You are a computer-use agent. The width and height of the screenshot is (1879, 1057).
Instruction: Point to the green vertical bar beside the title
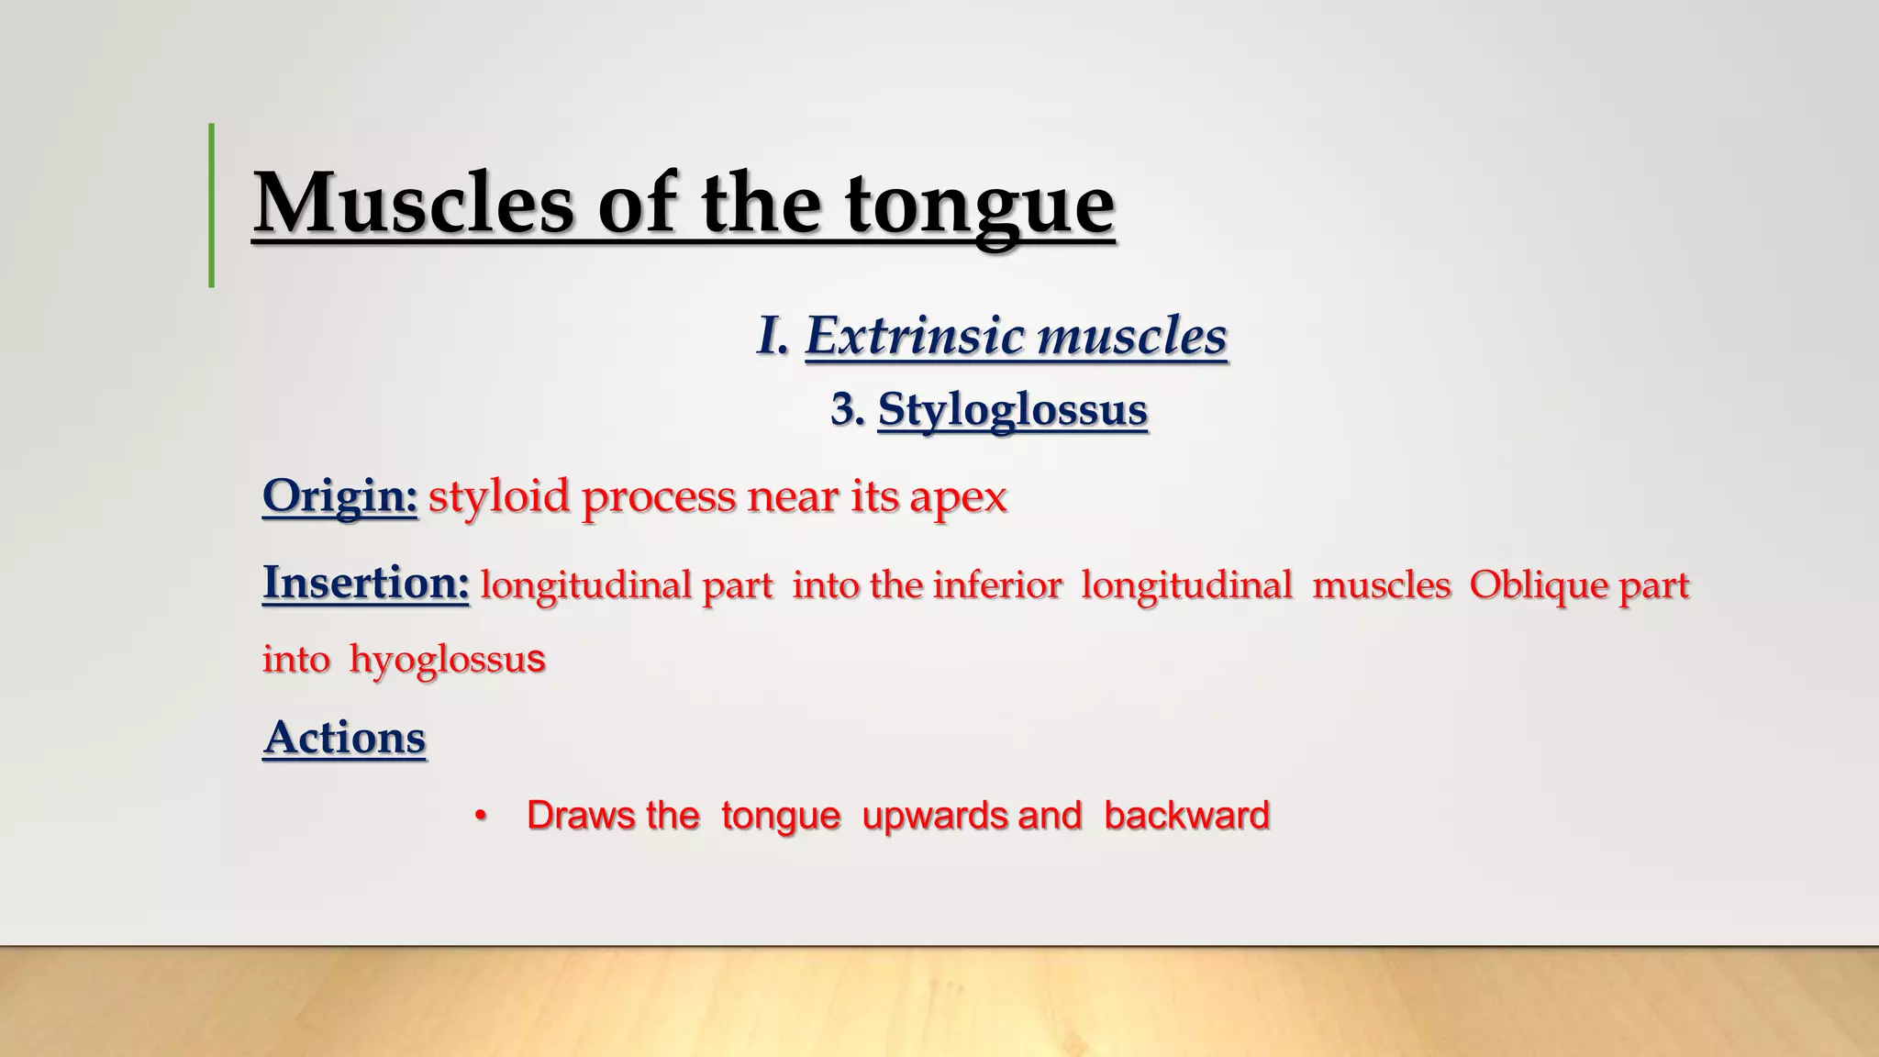pyautogui.click(x=212, y=206)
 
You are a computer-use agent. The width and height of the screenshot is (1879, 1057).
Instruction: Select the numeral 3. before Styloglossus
pyautogui.click(x=847, y=409)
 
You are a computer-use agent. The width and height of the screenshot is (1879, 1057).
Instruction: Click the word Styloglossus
pyautogui.click(x=1012, y=410)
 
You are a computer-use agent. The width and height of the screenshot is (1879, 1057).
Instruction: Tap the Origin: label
pyautogui.click(x=339, y=496)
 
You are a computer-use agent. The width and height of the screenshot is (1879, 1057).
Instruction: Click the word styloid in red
pyautogui.click(x=499, y=496)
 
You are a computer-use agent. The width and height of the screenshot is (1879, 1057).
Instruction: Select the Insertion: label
pyautogui.click(x=365, y=583)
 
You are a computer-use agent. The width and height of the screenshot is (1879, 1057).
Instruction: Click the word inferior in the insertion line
pyautogui.click(x=997, y=585)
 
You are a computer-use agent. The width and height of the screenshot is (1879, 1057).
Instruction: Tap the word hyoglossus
pyautogui.click(x=447, y=660)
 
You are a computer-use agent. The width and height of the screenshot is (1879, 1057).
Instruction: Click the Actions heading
pyautogui.click(x=344, y=737)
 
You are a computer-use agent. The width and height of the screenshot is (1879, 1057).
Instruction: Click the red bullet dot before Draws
pyautogui.click(x=479, y=816)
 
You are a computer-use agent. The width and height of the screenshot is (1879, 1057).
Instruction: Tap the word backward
pyautogui.click(x=1186, y=816)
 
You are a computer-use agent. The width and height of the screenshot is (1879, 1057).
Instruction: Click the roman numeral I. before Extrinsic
pyautogui.click(x=773, y=336)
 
